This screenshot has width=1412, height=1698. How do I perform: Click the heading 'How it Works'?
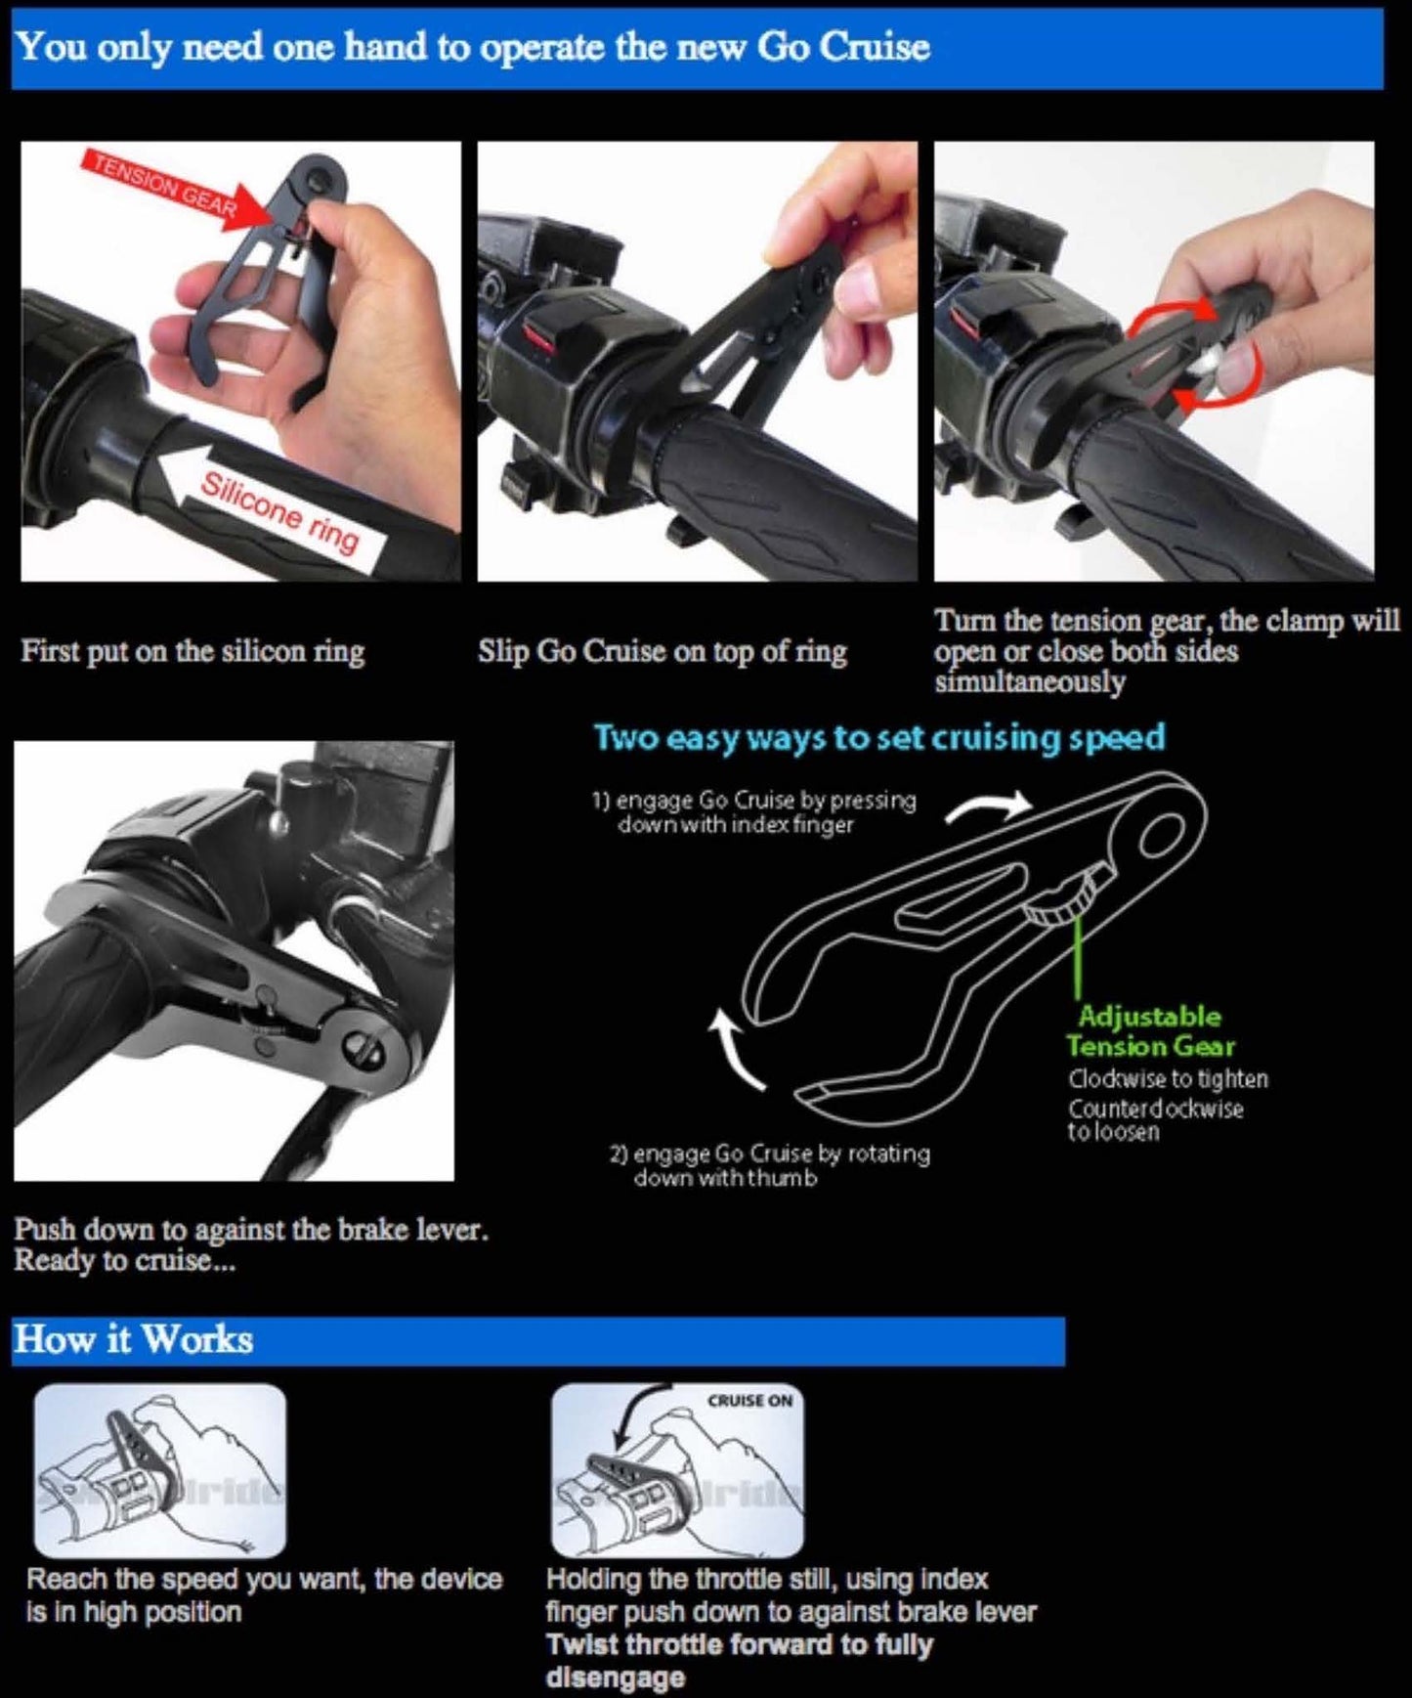tap(134, 1339)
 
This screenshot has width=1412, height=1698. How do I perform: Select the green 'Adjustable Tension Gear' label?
tap(1150, 1031)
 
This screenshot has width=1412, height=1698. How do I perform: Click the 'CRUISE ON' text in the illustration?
tap(749, 1401)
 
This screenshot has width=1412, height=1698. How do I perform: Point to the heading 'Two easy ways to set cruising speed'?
tap(879, 737)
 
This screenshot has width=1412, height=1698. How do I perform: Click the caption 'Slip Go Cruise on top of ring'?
tap(662, 651)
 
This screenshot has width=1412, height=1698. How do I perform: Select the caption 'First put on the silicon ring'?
tap(193, 651)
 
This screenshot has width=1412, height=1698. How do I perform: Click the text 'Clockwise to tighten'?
tap(1168, 1079)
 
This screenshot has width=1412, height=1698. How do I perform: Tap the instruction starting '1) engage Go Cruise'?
tap(753, 811)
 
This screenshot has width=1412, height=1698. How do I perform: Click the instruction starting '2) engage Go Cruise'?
tap(769, 1165)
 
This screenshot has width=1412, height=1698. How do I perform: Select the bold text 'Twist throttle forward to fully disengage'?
tap(739, 1660)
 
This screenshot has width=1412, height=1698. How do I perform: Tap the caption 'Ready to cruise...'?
tap(124, 1261)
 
